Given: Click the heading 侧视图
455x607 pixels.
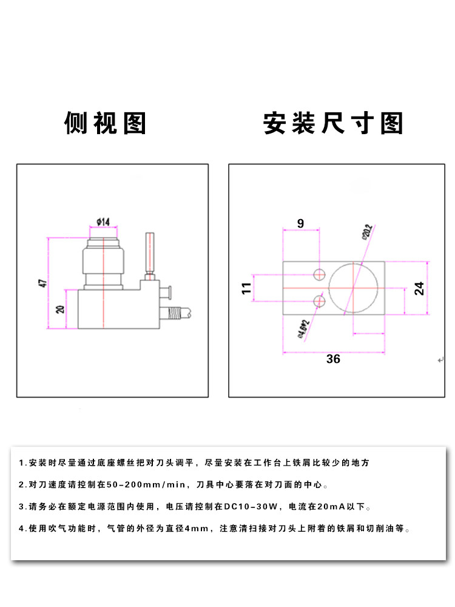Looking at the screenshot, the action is coord(106,123).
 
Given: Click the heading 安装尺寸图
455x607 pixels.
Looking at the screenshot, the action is coord(333,123).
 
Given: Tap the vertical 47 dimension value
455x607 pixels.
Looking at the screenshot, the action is coord(42,283).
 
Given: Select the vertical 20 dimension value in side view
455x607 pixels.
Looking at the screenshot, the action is coord(59,309).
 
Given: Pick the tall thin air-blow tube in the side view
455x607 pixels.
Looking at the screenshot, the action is coord(150,253).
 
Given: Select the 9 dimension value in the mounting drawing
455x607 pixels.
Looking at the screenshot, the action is coord(301,223).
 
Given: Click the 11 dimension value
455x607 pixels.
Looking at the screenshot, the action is coord(246,288).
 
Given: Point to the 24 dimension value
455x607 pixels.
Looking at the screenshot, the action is coord(419,288).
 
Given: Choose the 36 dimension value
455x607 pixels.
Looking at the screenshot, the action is coord(333,359).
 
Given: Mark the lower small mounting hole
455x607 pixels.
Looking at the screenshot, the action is coord(319,300).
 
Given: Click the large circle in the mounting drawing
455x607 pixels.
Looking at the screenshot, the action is coord(354,287).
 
